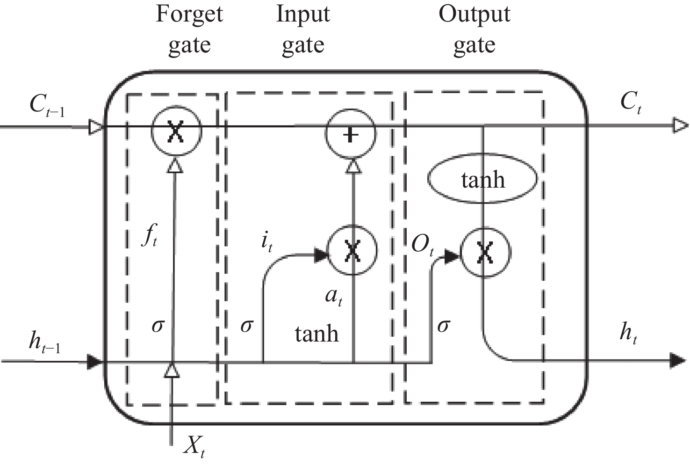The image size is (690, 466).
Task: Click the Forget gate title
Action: click(189, 29)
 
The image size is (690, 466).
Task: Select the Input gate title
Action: click(303, 29)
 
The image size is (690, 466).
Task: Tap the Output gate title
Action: click(474, 29)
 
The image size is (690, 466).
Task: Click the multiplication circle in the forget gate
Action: click(176, 131)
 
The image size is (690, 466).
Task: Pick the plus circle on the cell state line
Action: click(351, 134)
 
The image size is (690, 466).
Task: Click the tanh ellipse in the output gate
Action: click(482, 180)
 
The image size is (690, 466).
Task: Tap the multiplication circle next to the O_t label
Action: click(485, 252)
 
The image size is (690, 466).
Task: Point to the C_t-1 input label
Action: click(47, 105)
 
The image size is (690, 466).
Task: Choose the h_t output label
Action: click(628, 333)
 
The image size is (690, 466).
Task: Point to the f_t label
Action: click(149, 237)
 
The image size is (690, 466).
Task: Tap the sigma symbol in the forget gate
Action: click(158, 325)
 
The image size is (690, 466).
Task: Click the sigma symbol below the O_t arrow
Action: click(443, 325)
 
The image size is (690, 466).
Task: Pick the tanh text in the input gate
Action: click(316, 334)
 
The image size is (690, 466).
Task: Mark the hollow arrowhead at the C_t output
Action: click(680, 125)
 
